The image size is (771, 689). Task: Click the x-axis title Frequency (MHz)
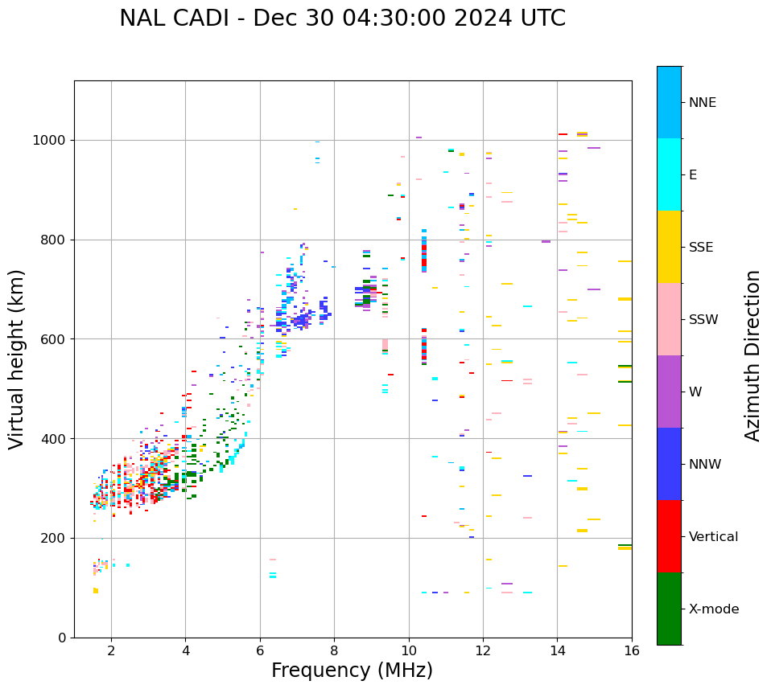(352, 671)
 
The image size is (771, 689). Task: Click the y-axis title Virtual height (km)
(17, 359)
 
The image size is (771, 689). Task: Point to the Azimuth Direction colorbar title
(752, 355)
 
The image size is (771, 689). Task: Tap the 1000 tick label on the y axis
(50, 140)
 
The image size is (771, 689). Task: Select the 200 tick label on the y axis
(54, 538)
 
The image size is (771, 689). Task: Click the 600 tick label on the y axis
(54, 339)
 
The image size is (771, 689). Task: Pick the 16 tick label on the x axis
(631, 650)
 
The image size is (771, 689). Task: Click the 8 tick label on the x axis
(334, 650)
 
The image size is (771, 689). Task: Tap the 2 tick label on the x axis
(111, 650)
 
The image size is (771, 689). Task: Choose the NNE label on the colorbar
(702, 102)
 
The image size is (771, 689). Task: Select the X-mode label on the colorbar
(713, 609)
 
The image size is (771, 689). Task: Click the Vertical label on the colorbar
(713, 536)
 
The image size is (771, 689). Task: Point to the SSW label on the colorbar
(703, 319)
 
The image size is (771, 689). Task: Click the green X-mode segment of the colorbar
(669, 609)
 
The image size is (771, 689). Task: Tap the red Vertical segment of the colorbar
(669, 536)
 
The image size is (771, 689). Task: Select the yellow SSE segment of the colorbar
(669, 247)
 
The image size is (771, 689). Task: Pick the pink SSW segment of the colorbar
(669, 319)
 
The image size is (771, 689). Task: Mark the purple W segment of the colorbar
(669, 392)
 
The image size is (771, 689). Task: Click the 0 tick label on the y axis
(62, 638)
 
